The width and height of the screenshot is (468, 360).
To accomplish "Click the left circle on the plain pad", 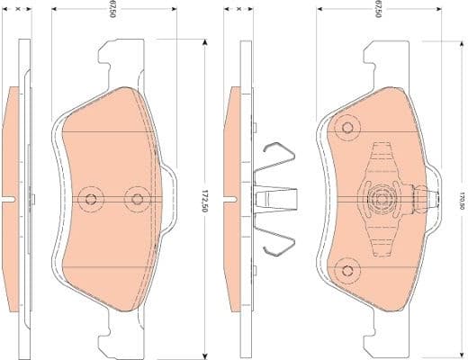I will (88, 199).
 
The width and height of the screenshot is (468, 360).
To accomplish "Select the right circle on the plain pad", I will (136, 199).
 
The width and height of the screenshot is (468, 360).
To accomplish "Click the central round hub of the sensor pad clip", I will (380, 198).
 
